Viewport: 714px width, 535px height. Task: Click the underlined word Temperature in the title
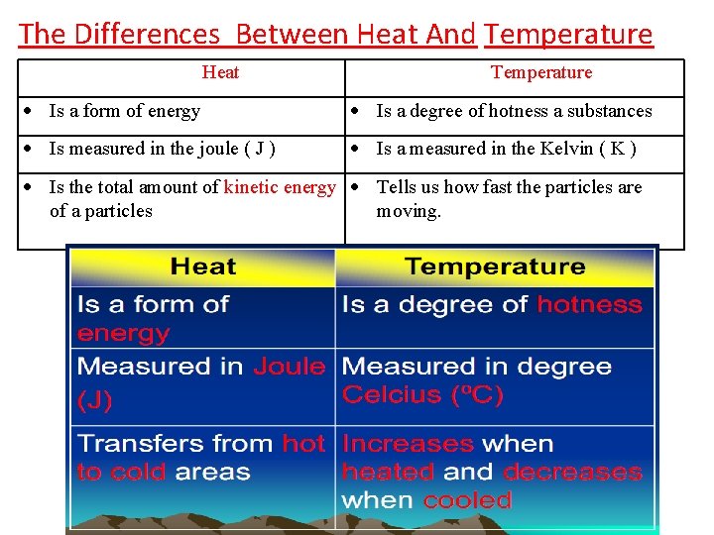click(569, 35)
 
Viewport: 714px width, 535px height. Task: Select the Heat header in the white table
click(220, 72)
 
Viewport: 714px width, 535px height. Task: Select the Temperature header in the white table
click(541, 72)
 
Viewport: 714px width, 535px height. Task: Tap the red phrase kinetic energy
click(280, 187)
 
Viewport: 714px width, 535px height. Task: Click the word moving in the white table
click(408, 211)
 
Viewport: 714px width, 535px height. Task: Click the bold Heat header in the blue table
click(202, 267)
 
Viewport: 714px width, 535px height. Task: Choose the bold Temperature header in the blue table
click(495, 267)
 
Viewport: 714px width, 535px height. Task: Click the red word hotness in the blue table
click(589, 304)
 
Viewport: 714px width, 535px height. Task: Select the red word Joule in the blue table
click(289, 367)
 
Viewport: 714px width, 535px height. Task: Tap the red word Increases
click(408, 444)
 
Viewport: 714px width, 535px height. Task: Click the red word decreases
click(572, 473)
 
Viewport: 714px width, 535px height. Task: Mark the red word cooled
click(467, 500)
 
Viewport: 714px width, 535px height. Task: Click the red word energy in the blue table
click(123, 333)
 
